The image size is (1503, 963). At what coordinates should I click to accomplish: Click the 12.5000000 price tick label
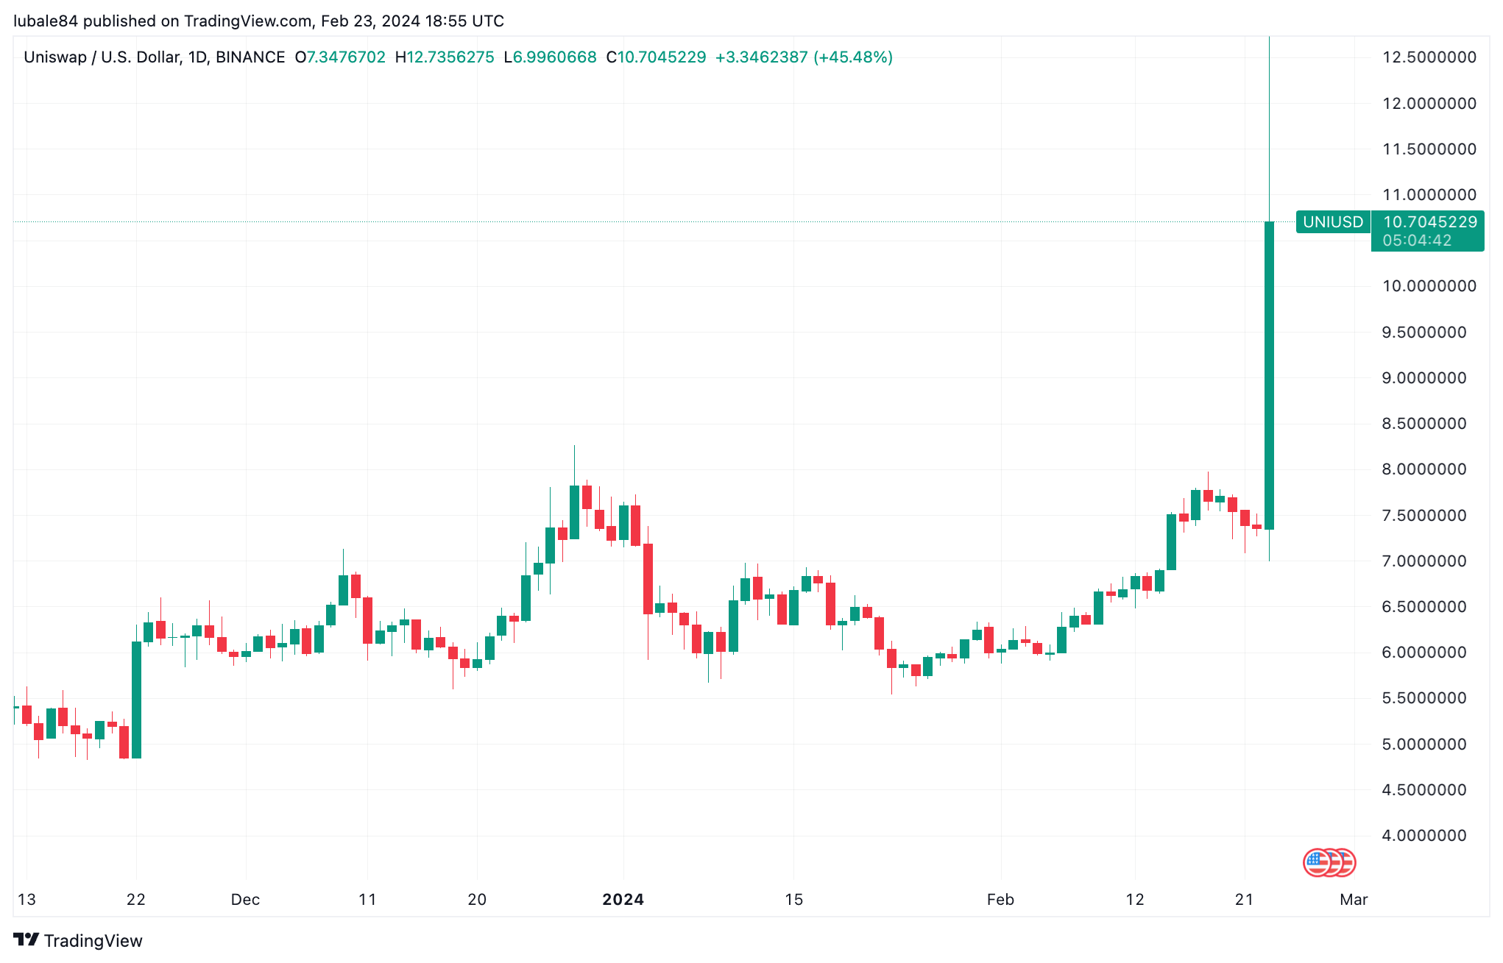(1429, 57)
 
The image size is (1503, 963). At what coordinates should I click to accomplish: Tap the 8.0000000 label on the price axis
(1429, 469)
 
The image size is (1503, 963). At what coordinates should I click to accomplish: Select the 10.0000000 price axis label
(1429, 286)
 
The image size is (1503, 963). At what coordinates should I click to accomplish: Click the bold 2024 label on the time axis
(623, 899)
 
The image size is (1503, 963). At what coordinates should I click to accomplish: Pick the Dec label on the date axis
(245, 899)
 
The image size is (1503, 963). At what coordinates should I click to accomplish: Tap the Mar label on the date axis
(1354, 899)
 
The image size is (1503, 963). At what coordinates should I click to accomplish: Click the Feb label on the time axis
(1000, 899)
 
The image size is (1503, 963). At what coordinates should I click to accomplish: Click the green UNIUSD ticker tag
(1333, 221)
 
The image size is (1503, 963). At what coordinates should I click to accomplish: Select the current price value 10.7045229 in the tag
(1429, 221)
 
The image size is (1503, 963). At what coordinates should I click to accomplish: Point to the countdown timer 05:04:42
(1417, 241)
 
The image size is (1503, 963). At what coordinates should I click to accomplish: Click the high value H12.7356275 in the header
(445, 57)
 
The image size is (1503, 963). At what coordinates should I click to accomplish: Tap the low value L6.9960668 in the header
(550, 57)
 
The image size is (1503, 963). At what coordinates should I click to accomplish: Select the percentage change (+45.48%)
(852, 57)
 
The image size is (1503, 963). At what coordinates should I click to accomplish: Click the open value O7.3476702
(340, 57)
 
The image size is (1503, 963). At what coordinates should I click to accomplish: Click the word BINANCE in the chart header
(250, 57)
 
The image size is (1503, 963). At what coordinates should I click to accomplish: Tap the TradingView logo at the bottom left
(78, 940)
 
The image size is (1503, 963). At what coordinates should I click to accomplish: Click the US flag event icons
(1329, 862)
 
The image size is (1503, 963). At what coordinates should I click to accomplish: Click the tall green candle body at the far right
(1269, 375)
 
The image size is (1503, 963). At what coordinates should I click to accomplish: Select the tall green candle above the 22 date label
(136, 699)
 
